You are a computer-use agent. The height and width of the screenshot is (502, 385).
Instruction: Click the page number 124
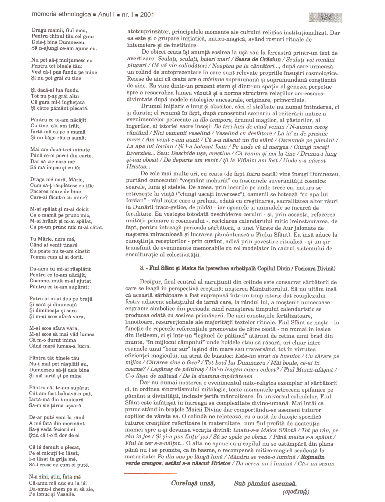326,18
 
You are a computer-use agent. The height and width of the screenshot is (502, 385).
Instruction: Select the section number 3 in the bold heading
142,268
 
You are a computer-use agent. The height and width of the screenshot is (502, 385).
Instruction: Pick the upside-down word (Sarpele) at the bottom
296,491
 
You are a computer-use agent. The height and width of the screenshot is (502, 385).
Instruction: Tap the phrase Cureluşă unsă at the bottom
193,483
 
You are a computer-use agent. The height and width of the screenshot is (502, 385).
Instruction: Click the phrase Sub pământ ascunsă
265,483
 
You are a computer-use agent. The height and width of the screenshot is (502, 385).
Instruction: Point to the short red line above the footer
150,474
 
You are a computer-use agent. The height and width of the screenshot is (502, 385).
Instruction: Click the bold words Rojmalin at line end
312,457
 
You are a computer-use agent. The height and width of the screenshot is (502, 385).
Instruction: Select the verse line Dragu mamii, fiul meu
59,30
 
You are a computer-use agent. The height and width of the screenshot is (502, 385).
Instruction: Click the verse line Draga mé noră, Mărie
57,179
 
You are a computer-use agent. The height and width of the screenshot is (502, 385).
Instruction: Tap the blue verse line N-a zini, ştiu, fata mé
55,477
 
